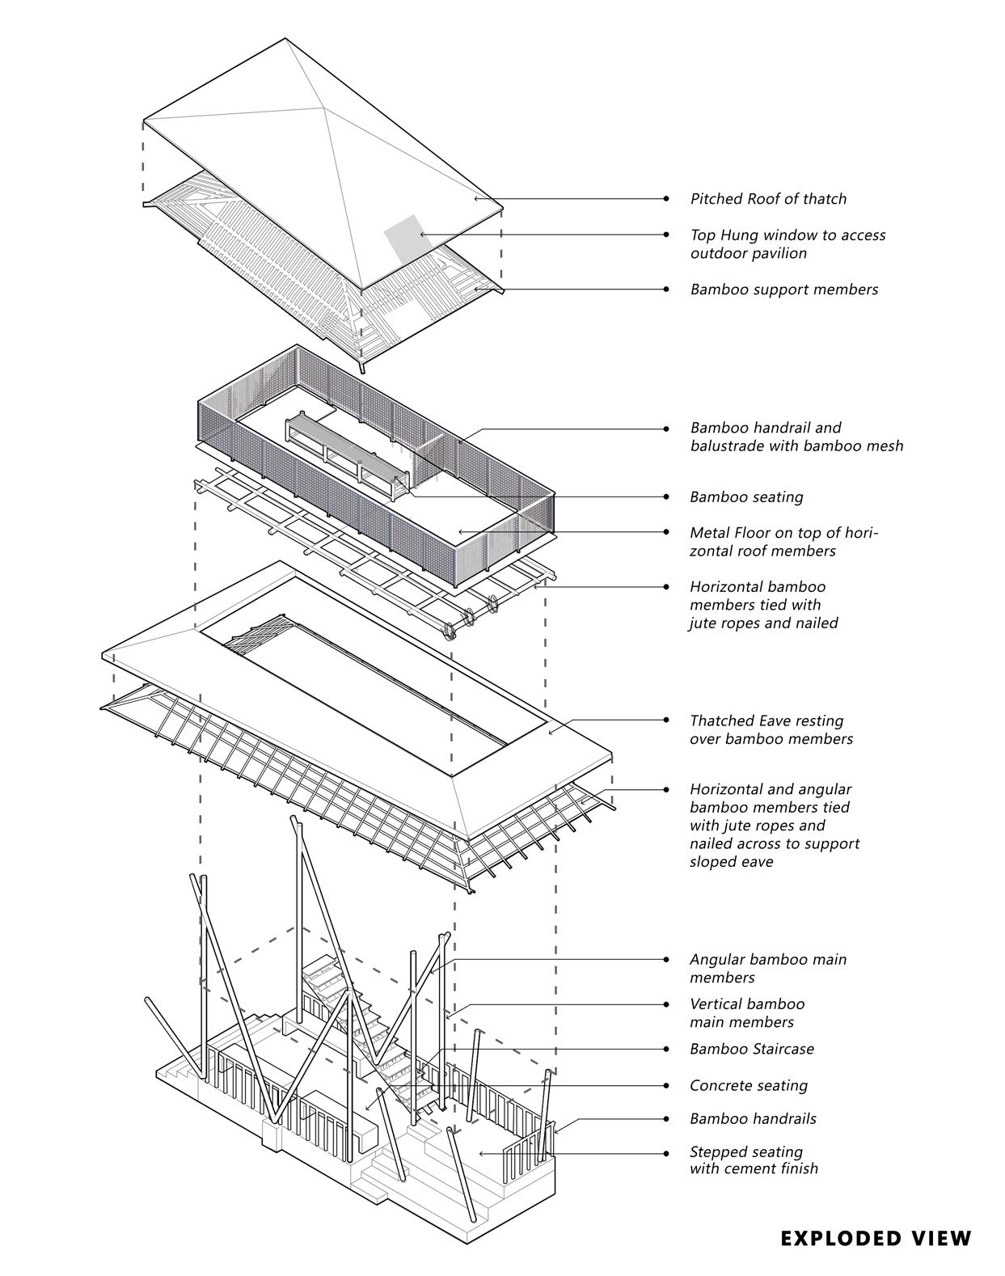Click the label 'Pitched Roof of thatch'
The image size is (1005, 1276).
click(x=768, y=199)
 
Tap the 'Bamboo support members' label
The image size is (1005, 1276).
click(x=783, y=289)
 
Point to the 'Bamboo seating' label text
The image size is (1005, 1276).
click(x=746, y=497)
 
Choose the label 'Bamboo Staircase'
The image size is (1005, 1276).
click(x=751, y=1049)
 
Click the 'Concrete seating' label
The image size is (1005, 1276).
click(x=748, y=1086)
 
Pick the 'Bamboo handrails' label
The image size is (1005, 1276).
click(x=753, y=1119)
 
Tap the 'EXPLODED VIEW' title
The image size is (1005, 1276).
click(x=876, y=1238)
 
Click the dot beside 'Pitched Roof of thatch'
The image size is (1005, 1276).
click(x=666, y=198)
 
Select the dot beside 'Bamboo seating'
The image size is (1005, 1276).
click(x=666, y=496)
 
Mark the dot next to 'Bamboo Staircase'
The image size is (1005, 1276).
click(x=666, y=1049)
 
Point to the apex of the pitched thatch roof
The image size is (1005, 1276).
click(x=323, y=104)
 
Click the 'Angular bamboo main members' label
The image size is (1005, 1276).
click(x=767, y=969)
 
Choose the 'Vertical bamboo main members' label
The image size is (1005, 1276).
click(x=746, y=1013)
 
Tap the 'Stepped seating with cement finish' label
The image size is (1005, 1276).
click(x=754, y=1160)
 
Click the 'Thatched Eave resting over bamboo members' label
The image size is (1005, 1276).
click(x=771, y=729)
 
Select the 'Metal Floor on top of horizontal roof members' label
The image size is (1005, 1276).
click(x=783, y=542)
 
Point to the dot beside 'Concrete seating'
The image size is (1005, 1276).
click(x=666, y=1085)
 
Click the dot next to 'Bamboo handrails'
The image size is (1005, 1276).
click(x=666, y=1119)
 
